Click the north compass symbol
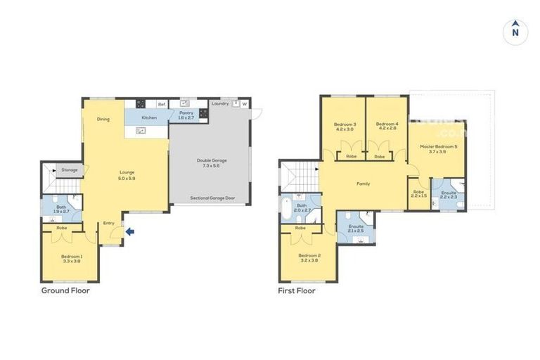(x=515, y=32)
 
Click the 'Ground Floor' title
(x=65, y=290)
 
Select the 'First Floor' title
(x=297, y=290)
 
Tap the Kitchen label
(x=149, y=117)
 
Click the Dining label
(x=103, y=119)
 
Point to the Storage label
(x=69, y=169)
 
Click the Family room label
(x=363, y=184)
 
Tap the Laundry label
(x=220, y=103)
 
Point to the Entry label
(x=109, y=223)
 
